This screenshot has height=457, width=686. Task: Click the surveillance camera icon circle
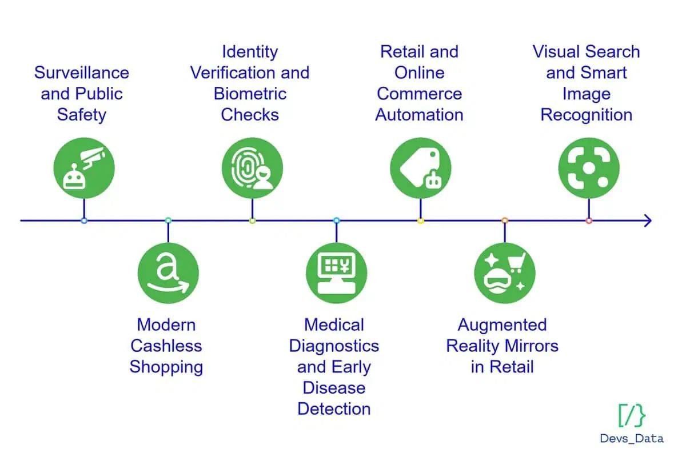point(84,168)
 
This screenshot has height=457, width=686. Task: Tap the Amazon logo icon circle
point(168,273)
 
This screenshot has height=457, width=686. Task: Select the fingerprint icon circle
point(252,168)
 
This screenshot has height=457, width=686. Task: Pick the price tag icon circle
point(421,168)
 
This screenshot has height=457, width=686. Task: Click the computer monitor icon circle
point(337,273)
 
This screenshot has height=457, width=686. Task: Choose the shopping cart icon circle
point(505,273)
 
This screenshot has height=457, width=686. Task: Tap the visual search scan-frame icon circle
point(589,168)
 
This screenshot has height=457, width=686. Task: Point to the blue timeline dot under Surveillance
point(84,221)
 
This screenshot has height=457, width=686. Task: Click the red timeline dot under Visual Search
point(589,221)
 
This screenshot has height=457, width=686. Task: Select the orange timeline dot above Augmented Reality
point(505,221)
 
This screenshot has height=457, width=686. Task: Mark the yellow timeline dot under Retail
point(421,221)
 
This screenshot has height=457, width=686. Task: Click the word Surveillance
point(82,73)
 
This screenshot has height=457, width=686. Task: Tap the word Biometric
point(250,94)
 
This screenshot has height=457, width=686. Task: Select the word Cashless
point(166,346)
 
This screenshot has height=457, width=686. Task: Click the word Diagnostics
point(334,346)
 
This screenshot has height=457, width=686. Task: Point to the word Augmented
point(502,325)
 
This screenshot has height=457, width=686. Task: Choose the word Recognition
point(587,115)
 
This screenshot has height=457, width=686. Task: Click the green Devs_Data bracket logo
point(632,415)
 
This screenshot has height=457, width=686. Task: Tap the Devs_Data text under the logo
point(632,439)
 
